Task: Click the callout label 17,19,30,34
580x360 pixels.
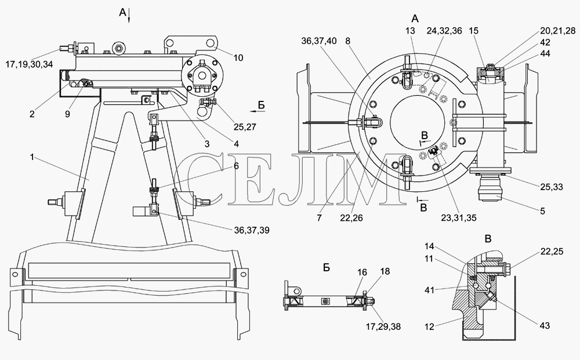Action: click(x=29, y=64)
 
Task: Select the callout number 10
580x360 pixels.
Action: click(x=238, y=57)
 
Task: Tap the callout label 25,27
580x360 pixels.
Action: click(x=245, y=127)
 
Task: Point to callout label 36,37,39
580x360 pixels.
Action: click(x=252, y=230)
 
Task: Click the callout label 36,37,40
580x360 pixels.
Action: click(x=319, y=41)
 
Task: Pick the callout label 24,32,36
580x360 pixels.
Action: click(x=444, y=31)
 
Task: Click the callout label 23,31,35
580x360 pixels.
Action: click(x=459, y=218)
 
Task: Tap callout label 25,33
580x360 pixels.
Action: click(x=551, y=187)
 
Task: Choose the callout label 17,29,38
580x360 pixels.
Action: click(x=383, y=326)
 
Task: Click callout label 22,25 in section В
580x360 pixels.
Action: click(x=552, y=252)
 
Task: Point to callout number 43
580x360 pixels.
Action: click(x=545, y=326)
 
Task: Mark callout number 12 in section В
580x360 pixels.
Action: click(x=429, y=326)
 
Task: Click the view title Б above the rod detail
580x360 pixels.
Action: click(x=326, y=267)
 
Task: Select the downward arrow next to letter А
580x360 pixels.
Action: click(x=129, y=17)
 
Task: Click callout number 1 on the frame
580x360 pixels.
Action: click(x=32, y=158)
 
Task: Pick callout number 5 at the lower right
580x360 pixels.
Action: click(x=543, y=211)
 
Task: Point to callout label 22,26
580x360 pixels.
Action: click(x=352, y=218)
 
